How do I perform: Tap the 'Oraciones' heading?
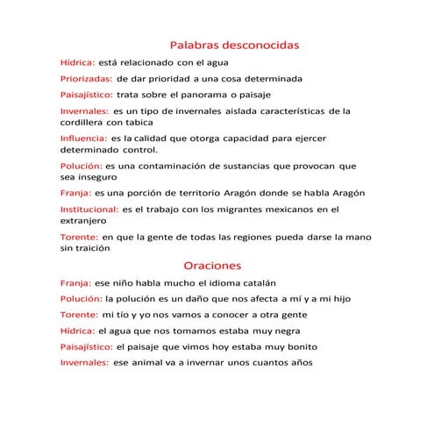pyautogui.click(x=211, y=264)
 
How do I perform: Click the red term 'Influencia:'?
pyautogui.click(x=82, y=138)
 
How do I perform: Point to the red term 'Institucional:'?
pyautogui.click(x=89, y=210)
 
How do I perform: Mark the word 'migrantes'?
pyautogui.click(x=222, y=210)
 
